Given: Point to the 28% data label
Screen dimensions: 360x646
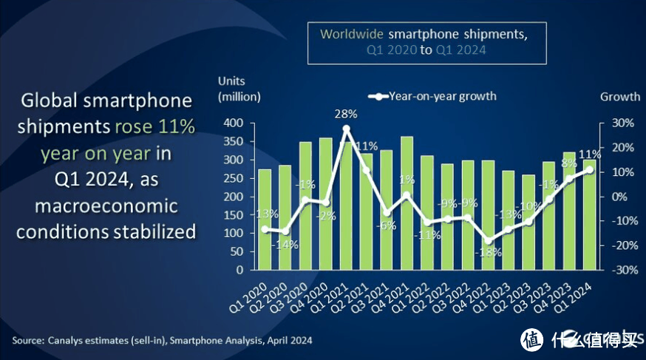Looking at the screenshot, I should click(346, 114).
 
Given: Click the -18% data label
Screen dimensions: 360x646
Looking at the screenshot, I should click(489, 252).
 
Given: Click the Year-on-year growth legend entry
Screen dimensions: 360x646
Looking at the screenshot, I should click(432, 96).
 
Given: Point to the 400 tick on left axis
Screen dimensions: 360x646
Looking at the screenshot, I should click(233, 123).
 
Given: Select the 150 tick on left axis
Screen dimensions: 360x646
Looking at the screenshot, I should click(233, 215).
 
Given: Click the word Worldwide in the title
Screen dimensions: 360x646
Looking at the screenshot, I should click(352, 34).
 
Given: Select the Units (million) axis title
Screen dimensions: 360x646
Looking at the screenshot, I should click(239, 89).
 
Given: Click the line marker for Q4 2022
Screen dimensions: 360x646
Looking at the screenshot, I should click(488, 240).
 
